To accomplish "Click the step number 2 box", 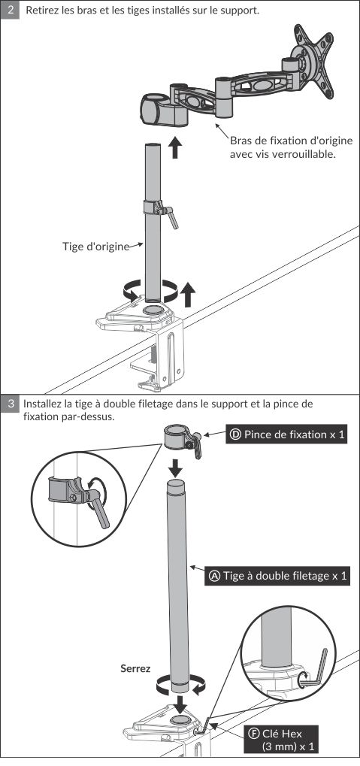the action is pyautogui.click(x=11, y=10).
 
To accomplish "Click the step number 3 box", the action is pyautogui.click(x=11, y=404).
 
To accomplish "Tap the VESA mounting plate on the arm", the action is pyautogui.click(x=313, y=62).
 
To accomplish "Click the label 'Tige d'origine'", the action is pyautogui.click(x=95, y=247).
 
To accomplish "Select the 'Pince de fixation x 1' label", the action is pyautogui.click(x=287, y=434).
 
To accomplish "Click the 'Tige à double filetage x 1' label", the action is pyautogui.click(x=278, y=576).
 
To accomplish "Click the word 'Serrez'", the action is pyautogui.click(x=135, y=669).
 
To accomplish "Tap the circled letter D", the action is pyautogui.click(x=235, y=434).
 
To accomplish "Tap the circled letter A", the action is pyautogui.click(x=214, y=576).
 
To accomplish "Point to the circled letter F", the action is pyautogui.click(x=253, y=733).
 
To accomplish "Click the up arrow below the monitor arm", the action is pyautogui.click(x=175, y=147).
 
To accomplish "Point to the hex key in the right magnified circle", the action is pyautogui.click(x=316, y=670).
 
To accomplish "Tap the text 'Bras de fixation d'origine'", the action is pyautogui.click(x=291, y=141).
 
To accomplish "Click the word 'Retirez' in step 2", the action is pyautogui.click(x=41, y=10).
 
